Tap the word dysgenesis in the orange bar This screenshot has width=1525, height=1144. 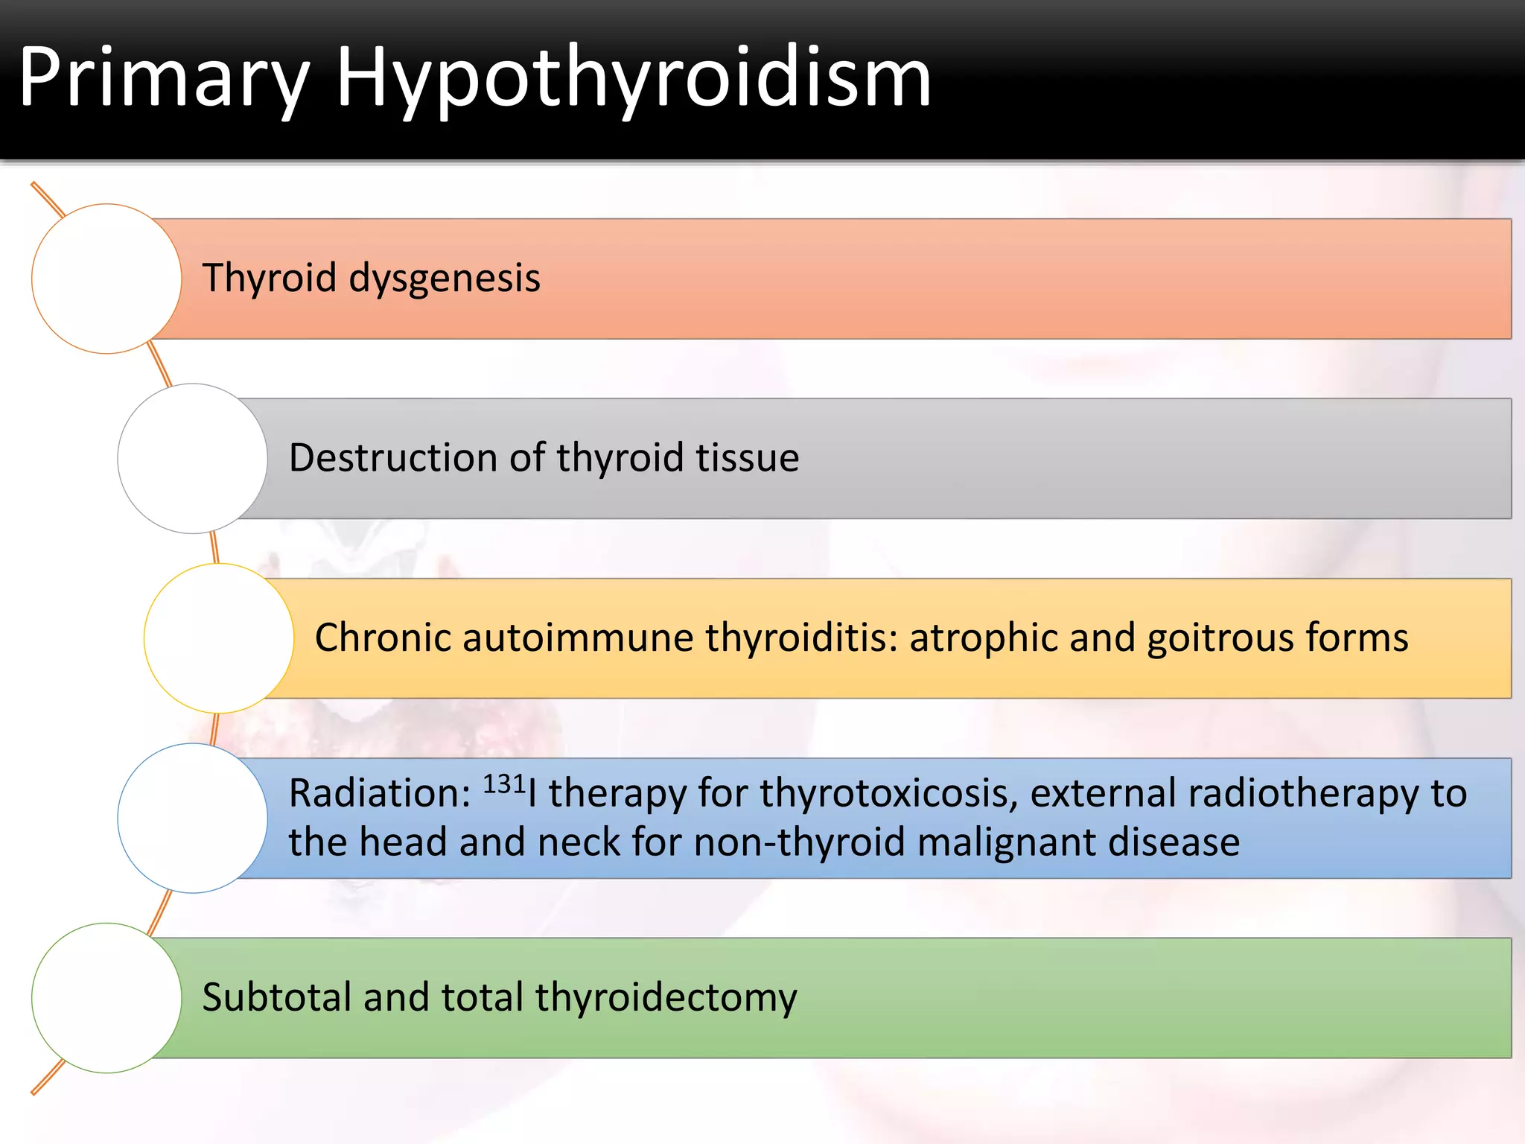[x=445, y=279]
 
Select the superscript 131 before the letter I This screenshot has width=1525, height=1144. [x=504, y=784]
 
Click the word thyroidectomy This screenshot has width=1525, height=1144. [x=666, y=999]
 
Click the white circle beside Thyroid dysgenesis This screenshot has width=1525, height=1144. [x=106, y=279]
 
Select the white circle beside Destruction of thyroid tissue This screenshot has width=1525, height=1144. [x=192, y=458]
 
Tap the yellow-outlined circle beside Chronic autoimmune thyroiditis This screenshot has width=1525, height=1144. [x=219, y=638]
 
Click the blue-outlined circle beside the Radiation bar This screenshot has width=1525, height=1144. [x=192, y=818]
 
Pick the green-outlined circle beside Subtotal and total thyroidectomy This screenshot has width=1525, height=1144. [x=106, y=998]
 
